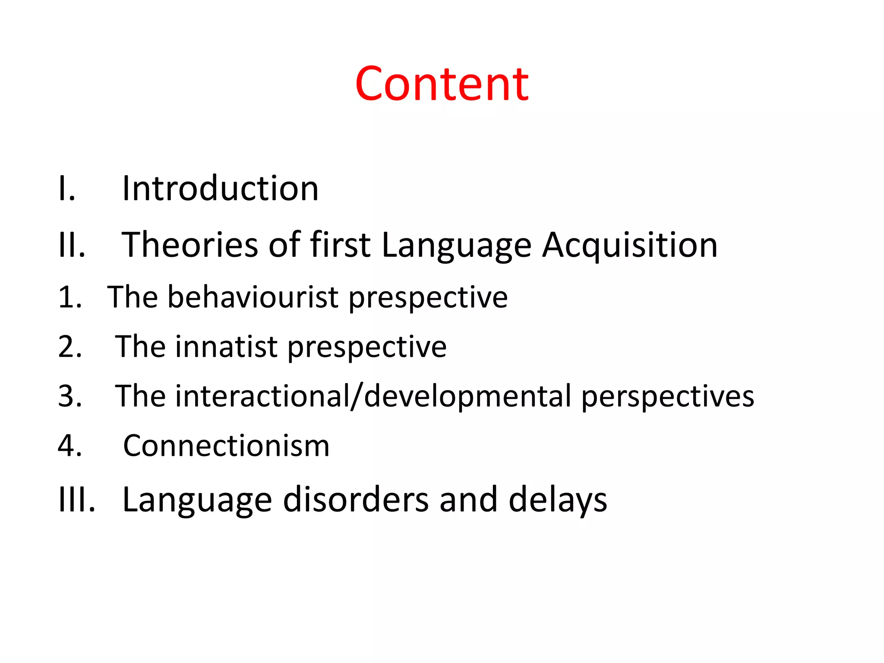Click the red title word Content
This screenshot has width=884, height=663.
(x=442, y=84)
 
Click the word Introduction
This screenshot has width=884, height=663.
(x=220, y=189)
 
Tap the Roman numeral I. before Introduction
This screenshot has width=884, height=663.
(x=67, y=189)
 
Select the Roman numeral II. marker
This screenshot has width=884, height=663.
(x=72, y=245)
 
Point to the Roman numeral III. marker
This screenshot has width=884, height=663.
(x=76, y=499)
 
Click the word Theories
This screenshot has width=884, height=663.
(x=190, y=245)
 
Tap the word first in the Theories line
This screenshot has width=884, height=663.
(x=340, y=245)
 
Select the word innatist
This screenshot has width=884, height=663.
(x=226, y=347)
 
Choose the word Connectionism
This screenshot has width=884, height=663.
(x=226, y=445)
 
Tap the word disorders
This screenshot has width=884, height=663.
(x=356, y=499)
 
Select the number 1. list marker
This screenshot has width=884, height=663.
(x=70, y=297)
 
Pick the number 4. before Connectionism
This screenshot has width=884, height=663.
(x=70, y=445)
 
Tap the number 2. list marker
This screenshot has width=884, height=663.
(x=70, y=347)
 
